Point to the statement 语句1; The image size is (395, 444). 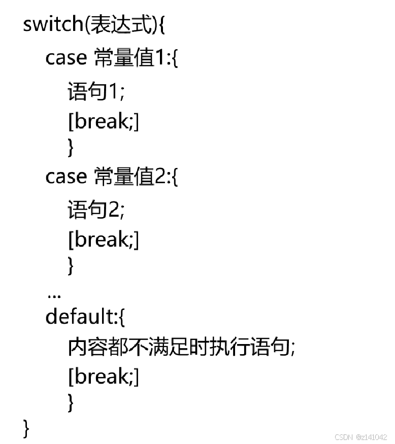[96, 92]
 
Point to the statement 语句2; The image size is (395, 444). [96, 210]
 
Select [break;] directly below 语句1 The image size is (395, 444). [103, 121]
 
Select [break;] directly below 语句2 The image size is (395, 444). [103, 239]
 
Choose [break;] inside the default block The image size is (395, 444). [103, 376]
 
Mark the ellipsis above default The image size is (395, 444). [53, 295]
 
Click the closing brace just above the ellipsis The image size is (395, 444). [71, 265]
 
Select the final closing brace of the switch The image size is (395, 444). [26, 428]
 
